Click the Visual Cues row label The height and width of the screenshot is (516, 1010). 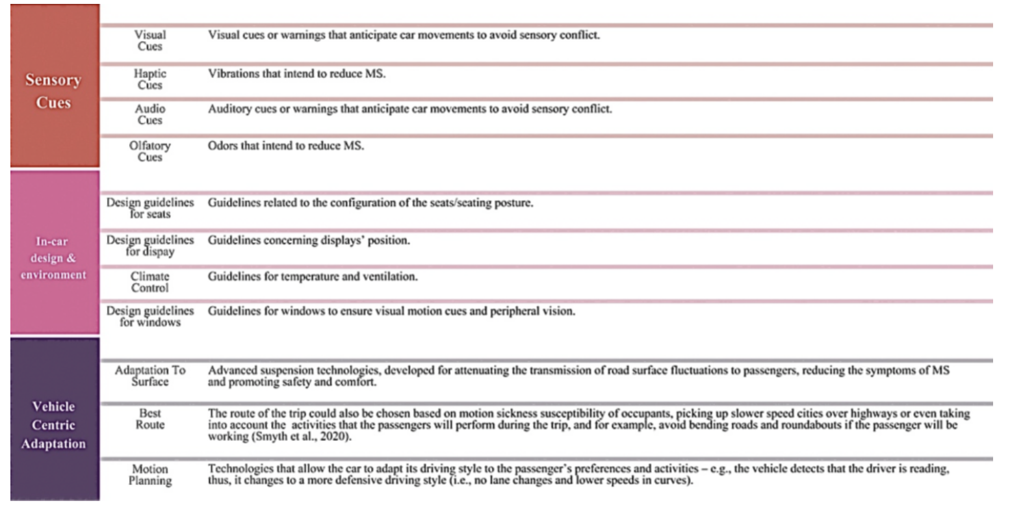[150, 40]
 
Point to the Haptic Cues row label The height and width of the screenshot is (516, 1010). [150, 79]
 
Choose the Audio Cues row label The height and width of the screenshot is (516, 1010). [150, 114]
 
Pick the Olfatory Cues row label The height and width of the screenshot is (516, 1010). [150, 151]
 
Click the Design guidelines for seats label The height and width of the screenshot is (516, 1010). [150, 208]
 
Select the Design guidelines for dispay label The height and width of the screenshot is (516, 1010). [150, 246]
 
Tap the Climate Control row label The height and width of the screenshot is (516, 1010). [150, 282]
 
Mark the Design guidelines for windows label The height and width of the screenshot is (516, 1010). [150, 316]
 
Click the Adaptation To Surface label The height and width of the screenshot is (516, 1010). [150, 376]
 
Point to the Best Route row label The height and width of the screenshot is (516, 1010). [150, 419]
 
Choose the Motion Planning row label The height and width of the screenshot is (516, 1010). [150, 475]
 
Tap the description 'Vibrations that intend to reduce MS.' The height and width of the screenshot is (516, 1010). [296, 73]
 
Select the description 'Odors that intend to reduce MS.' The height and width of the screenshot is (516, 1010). [286, 146]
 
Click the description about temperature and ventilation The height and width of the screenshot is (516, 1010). [313, 277]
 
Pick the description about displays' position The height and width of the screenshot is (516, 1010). [309, 240]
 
